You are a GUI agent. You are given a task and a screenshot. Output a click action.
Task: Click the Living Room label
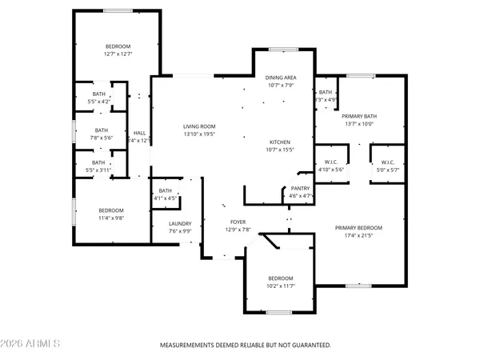(200, 126)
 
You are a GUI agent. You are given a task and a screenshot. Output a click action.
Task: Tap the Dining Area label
(281, 78)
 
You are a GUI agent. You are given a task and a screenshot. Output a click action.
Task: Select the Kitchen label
(281, 141)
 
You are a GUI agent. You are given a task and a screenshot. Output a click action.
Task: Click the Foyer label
(238, 222)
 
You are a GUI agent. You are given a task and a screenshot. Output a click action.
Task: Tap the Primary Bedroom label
(358, 228)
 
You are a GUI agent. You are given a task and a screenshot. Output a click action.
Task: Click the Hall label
(139, 133)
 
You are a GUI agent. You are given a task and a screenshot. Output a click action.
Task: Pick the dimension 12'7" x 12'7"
(118, 54)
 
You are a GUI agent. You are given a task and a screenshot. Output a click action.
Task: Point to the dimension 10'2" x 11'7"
(280, 286)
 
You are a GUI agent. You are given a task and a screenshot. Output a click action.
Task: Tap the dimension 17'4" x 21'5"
(358, 236)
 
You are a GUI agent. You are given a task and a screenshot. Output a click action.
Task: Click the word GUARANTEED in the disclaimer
(309, 345)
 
